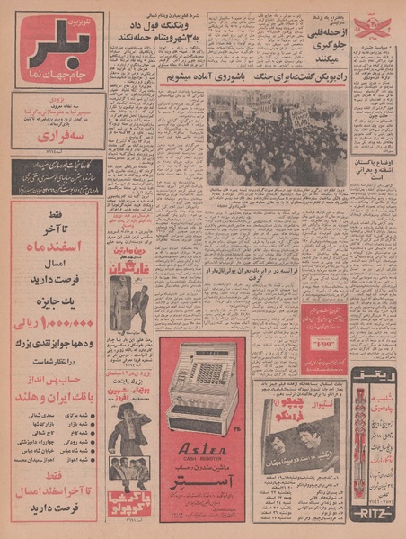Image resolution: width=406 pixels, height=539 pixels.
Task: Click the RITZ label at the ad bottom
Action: pyautogui.click(x=372, y=517)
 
